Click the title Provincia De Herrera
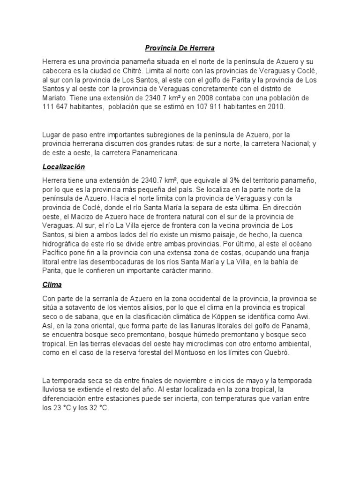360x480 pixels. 180,48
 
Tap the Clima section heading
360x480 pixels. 52,285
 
